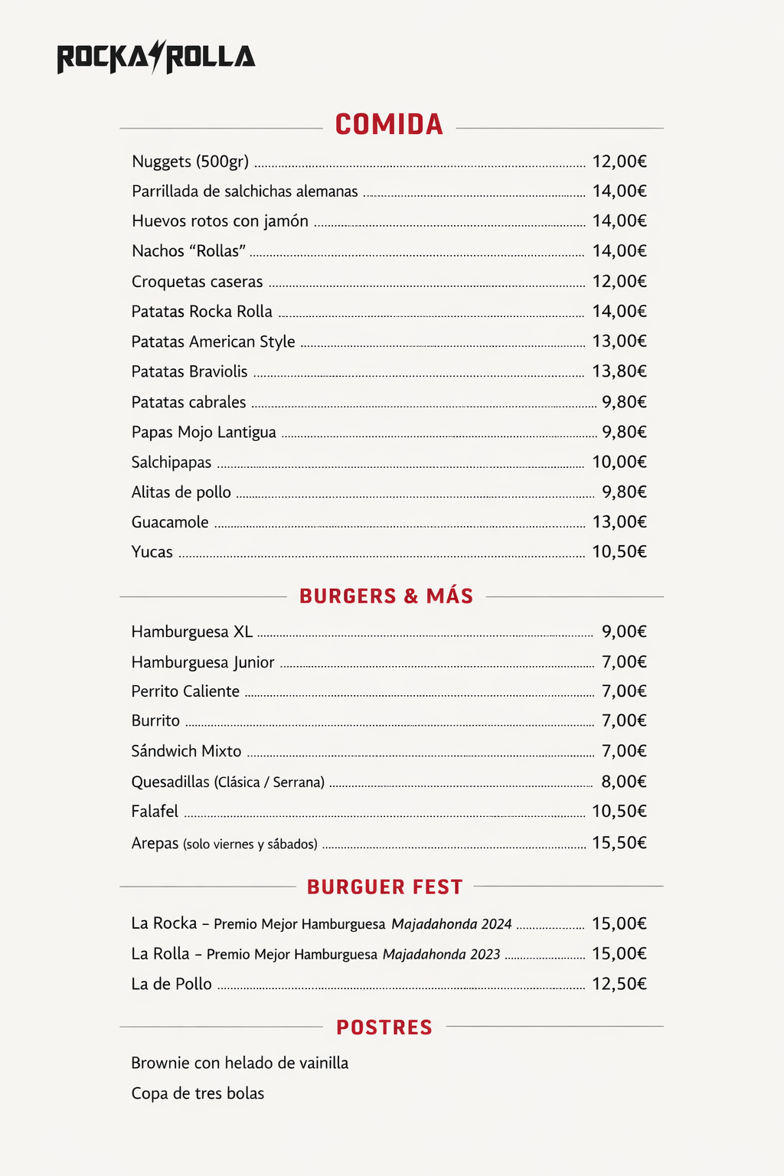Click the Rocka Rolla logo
pos(156,57)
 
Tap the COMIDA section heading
pos(389,125)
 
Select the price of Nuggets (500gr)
pos(619,162)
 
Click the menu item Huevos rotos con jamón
pos(220,221)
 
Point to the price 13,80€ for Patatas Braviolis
pos(619,371)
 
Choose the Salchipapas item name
pos(171,462)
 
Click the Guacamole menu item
pos(170,522)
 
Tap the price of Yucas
pos(619,552)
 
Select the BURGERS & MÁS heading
pos(386,596)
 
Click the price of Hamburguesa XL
pos(624,632)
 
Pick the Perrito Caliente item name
pos(185,691)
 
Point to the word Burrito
pos(155,721)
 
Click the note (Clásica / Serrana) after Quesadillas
pos(269,782)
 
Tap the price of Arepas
pos(619,843)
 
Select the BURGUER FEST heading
pos(385,887)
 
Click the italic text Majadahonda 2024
pos(451,924)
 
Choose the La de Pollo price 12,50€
pos(619,984)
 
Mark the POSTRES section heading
pos(384,1027)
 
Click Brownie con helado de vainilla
pos(240,1063)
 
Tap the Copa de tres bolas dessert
pos(198,1093)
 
